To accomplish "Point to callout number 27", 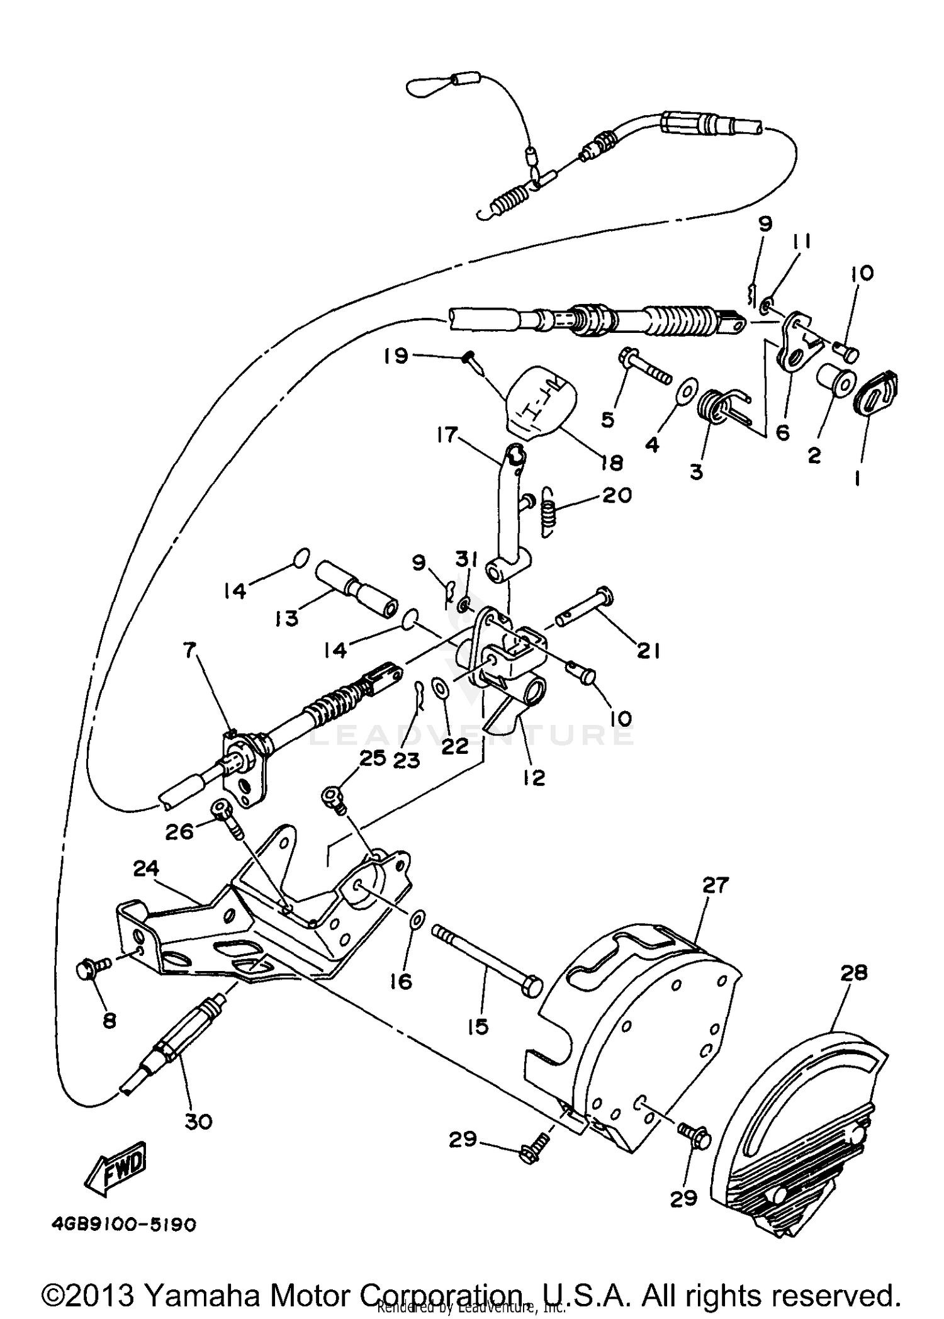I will (x=715, y=885).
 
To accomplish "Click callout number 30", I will (x=198, y=1121).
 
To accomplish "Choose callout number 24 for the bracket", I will (x=146, y=869).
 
